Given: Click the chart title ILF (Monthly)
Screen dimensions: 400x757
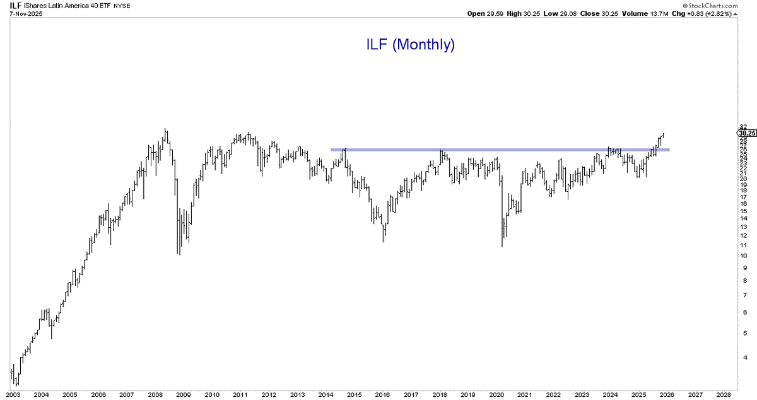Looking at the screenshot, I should click(x=411, y=45).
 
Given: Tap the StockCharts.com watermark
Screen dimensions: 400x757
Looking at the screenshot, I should click(x=730, y=5).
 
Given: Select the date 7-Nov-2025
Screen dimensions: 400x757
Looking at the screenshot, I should click(x=22, y=14).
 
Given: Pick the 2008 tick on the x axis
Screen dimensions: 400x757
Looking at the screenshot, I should click(x=155, y=394).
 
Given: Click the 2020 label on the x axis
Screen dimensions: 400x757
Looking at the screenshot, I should click(x=498, y=394).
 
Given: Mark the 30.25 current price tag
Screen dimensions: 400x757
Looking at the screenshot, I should click(x=746, y=133).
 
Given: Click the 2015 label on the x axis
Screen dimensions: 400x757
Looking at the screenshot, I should click(x=355, y=394).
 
